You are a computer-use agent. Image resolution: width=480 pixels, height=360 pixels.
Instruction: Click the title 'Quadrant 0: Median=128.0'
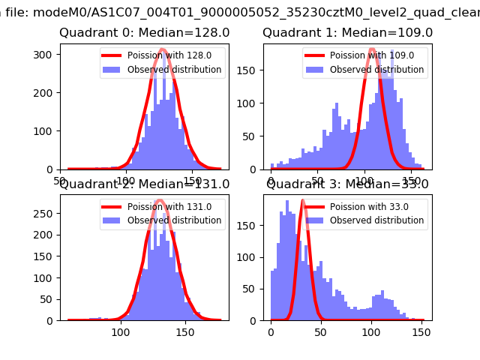144,33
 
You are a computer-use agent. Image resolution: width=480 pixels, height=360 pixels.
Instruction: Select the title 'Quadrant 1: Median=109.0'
347,33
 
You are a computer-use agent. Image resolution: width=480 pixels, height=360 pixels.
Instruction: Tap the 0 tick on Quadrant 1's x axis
271,181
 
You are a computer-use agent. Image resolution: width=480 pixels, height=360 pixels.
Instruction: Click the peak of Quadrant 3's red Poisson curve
303,201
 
